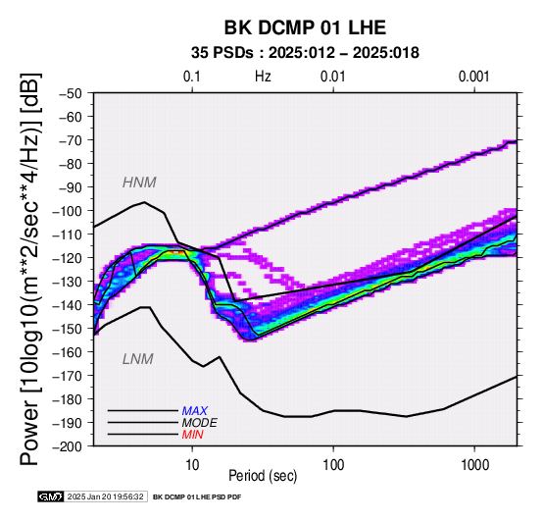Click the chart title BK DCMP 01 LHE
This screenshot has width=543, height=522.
(x=305, y=27)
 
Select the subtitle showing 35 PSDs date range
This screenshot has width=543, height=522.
(x=305, y=53)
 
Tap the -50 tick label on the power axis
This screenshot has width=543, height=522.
(x=71, y=93)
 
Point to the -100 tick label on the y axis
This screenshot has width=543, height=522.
(x=68, y=211)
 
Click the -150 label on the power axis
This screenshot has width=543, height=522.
(x=68, y=329)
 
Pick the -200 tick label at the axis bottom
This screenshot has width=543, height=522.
(x=68, y=446)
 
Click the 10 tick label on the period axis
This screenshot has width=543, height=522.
(x=192, y=465)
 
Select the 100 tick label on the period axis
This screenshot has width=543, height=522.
(x=333, y=465)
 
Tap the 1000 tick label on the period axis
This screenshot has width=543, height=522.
(x=474, y=465)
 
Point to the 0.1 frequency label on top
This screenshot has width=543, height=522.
(x=192, y=77)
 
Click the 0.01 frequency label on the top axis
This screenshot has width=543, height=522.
(x=333, y=77)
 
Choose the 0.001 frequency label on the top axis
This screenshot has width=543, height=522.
(x=473, y=77)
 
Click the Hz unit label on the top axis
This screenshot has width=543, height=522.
(x=263, y=77)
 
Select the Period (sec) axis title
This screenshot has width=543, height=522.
(x=263, y=476)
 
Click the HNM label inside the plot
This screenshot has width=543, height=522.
(x=139, y=183)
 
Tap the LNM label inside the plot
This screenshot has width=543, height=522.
(x=138, y=359)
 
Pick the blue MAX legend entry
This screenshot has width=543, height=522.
(x=195, y=411)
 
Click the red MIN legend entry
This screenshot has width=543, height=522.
(x=192, y=435)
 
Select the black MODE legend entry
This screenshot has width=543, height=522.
(x=200, y=423)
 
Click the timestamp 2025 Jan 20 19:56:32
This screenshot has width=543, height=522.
(x=105, y=497)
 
